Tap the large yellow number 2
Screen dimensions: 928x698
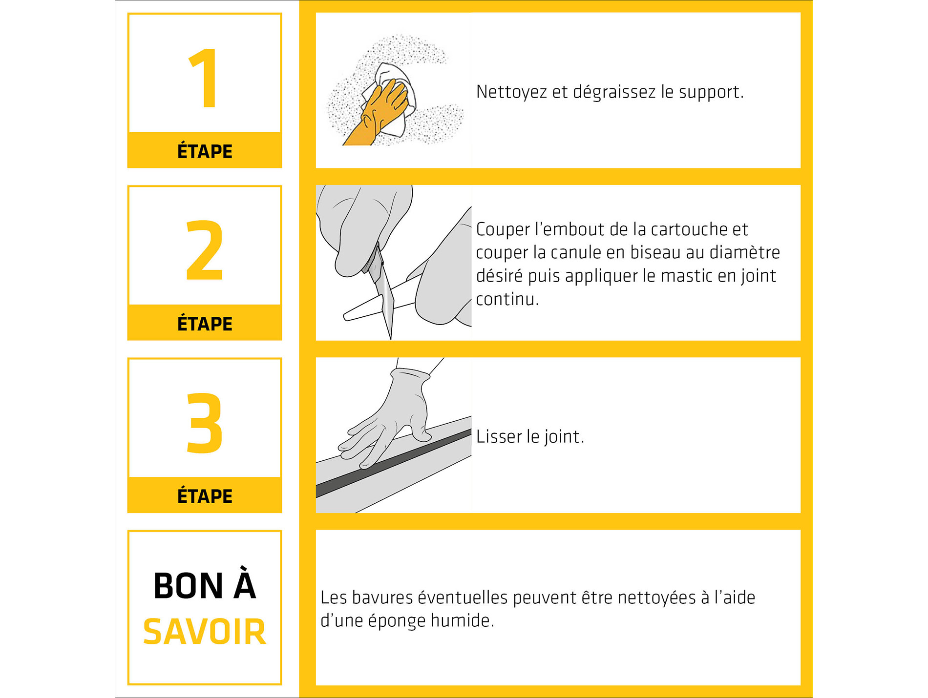click(205, 250)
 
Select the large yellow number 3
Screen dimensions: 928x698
click(205, 423)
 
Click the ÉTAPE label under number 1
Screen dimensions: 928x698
click(205, 151)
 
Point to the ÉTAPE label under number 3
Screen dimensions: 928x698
click(205, 495)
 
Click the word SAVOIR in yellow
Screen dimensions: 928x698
click(205, 632)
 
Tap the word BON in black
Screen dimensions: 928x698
click(189, 586)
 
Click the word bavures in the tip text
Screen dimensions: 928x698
click(382, 597)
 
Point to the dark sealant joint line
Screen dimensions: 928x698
click(394, 463)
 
